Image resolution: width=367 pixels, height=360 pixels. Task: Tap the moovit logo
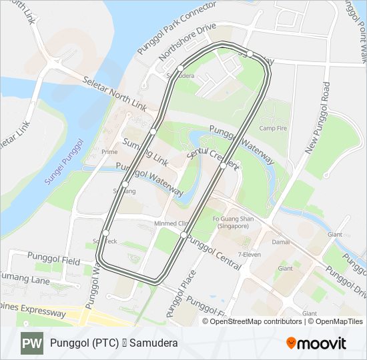(316, 343)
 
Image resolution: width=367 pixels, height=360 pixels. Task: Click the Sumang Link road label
(145, 153)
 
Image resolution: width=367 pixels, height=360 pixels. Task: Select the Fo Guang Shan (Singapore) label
(230, 223)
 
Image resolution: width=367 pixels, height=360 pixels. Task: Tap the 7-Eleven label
(250, 255)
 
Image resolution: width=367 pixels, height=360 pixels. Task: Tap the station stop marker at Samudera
(179, 68)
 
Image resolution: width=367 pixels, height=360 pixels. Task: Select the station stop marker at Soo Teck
(105, 233)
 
